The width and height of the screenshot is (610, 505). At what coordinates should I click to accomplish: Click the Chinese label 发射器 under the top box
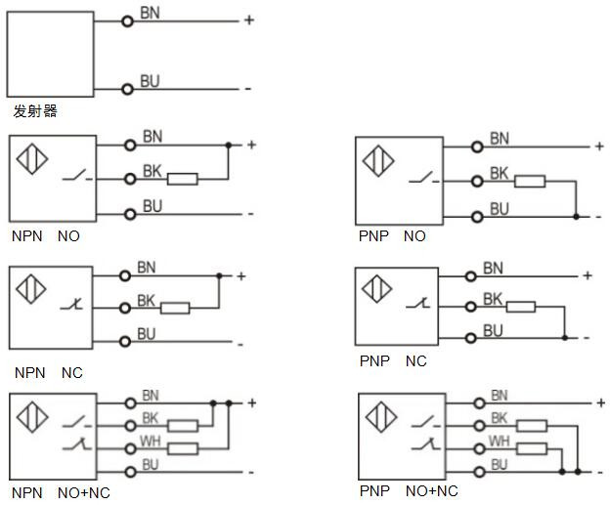[x=35, y=111]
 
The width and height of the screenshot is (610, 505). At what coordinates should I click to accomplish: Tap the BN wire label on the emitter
[x=151, y=14]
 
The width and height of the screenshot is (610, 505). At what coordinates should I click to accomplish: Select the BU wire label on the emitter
[x=150, y=81]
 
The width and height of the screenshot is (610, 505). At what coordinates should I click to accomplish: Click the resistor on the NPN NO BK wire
[x=183, y=179]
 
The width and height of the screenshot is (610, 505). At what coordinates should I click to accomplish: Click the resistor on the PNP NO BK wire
[x=529, y=181]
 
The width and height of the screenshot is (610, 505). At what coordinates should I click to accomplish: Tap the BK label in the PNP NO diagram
[x=499, y=173]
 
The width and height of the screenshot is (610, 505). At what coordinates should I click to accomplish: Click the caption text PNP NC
[x=394, y=361]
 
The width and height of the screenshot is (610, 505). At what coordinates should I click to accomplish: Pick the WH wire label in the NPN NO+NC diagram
[x=151, y=442]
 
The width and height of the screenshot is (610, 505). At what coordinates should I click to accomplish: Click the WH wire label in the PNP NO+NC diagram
[x=499, y=442]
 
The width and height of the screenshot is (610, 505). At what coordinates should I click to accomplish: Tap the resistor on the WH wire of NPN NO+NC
[x=183, y=448]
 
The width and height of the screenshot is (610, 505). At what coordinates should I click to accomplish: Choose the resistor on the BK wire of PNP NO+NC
[x=531, y=425]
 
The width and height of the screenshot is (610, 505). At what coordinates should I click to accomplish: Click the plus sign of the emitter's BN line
[x=248, y=20]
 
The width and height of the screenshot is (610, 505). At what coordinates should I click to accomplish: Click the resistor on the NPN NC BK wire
[x=174, y=309]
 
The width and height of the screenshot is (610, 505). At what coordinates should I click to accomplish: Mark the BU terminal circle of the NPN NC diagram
[x=125, y=341]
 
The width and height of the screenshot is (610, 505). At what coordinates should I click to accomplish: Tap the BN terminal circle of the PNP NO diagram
[x=477, y=147]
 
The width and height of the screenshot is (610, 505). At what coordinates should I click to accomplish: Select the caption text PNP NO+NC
[x=409, y=491]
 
